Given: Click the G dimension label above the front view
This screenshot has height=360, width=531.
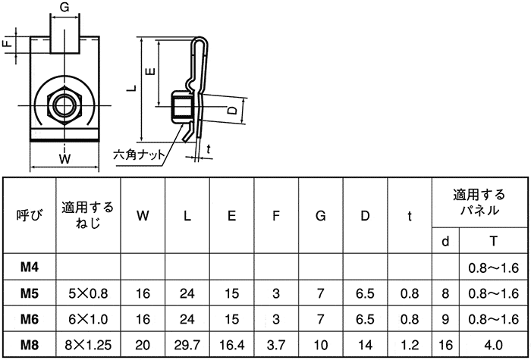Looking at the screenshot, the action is point(64,7).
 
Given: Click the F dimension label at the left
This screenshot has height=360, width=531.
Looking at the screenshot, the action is point(8,43).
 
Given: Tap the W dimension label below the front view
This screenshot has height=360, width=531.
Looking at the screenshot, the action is point(64,159).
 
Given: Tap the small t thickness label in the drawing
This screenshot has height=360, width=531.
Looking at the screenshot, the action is point(209,149).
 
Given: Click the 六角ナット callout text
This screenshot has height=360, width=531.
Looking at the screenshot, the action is point(139,155).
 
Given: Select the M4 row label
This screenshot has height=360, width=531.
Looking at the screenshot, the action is point(30,268).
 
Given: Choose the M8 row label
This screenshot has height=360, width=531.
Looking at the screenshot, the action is point(30,345).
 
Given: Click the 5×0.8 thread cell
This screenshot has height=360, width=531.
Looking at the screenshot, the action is point(88,293).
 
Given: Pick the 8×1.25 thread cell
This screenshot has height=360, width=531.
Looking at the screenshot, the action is point(88,345).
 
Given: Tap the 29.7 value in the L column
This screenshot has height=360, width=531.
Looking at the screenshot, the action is point(187,345).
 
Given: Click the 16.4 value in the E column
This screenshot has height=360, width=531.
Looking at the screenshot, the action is point(231,345).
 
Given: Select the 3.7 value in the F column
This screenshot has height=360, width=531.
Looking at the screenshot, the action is point(276,345).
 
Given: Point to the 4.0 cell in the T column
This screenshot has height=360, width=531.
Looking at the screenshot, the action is point(493,345).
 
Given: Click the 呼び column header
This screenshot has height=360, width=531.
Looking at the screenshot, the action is point(30,215).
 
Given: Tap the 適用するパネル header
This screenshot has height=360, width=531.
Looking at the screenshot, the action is point(479,202).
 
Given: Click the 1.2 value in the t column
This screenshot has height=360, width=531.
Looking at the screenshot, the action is point(410,345).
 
